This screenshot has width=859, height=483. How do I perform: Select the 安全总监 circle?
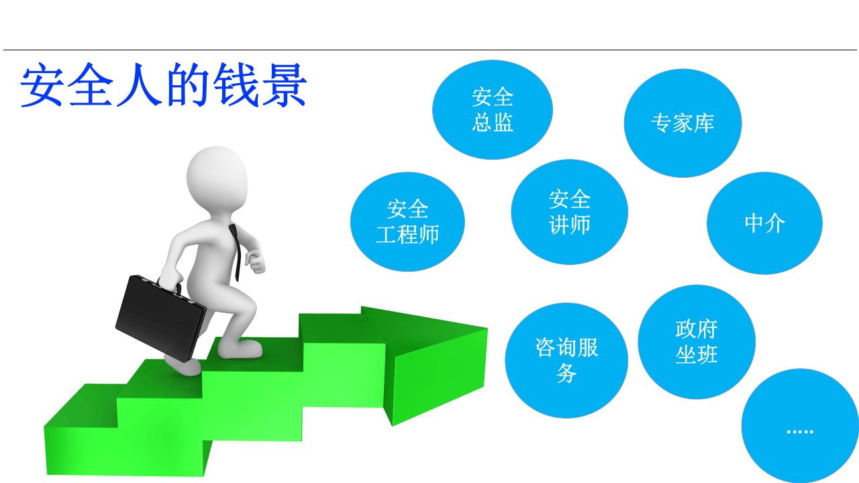pyautogui.click(x=493, y=110)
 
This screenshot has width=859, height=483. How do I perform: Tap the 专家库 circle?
pyautogui.click(x=683, y=123)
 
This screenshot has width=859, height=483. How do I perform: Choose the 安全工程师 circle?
pyautogui.click(x=407, y=222)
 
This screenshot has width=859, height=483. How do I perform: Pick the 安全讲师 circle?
pyautogui.click(x=569, y=212)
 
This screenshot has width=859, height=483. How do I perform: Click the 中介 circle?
pyautogui.click(x=764, y=223)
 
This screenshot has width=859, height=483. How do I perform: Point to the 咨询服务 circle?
pyautogui.click(x=566, y=360)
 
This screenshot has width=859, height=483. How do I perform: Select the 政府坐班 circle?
pyautogui.click(x=697, y=342)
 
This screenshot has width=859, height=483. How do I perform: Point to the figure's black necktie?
pyautogui.click(x=236, y=252)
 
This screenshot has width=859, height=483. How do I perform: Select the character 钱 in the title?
pyautogui.click(x=234, y=87)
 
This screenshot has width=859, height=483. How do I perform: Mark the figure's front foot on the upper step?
pyautogui.click(x=240, y=350)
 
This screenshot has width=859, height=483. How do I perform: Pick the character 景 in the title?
pyautogui.click(x=283, y=87)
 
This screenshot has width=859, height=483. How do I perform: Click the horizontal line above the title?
pyautogui.click(x=429, y=50)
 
